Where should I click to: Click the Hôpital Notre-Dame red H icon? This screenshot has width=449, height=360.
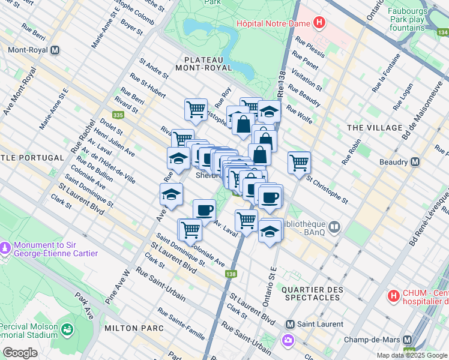[x=320, y=24]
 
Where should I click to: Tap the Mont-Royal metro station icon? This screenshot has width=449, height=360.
[x=56, y=50]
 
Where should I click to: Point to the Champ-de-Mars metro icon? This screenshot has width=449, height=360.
[x=408, y=340]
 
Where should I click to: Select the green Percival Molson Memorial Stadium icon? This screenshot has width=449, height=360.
[x=66, y=329]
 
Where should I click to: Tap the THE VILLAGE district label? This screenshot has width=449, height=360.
[x=375, y=128]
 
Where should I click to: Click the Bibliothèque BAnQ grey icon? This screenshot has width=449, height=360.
[x=334, y=227]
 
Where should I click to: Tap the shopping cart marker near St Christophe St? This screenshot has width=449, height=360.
[x=299, y=162]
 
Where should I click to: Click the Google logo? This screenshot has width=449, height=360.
[x=20, y=353]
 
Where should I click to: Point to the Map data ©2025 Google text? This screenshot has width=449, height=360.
[x=412, y=355]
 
